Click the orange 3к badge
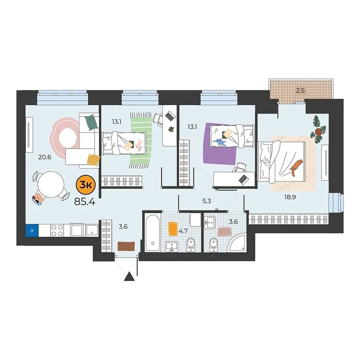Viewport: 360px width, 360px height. pos(85,185)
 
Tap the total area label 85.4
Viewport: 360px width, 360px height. pos(85,202)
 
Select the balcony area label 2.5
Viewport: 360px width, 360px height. pos(300,90)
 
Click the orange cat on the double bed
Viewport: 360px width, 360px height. pos(296,168)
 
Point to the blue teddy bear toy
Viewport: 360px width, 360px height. pos(219,142)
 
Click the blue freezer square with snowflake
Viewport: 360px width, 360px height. pos(32,231)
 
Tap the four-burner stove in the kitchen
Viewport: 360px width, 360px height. pos(57,231)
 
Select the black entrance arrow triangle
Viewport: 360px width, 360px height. pos(129,276)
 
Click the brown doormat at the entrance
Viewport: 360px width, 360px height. pos(126,246)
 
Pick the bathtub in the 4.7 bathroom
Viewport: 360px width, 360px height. pos(153,233)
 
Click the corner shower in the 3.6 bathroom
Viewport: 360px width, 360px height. pos(237,242)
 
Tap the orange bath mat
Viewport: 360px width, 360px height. pos(173,229)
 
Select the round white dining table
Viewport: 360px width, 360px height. pos(51,185)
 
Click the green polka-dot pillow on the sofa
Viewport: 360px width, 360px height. pos(91,122)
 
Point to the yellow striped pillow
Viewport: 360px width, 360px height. pos(93,160)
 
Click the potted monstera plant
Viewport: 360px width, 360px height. pos(318,130)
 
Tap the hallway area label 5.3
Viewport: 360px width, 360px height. pos(207,201)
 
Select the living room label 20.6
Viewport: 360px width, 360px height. pos(45,157)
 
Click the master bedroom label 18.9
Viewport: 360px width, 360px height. pos(290,197)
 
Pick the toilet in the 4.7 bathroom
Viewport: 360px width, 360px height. pos(190,245)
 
